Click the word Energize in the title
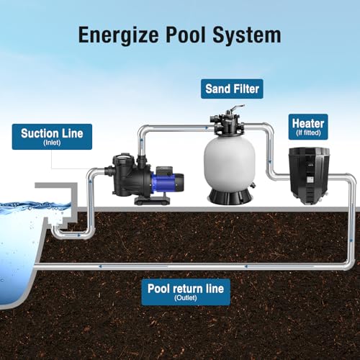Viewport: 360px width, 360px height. pos(118,35)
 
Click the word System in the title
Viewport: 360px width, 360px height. pos(247,35)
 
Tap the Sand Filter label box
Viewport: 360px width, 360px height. pos(232,89)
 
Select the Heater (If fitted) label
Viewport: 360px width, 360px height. pos(308,127)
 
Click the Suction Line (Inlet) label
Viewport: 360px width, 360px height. pos(52,137)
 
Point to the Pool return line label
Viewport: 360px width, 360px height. pos(186,292)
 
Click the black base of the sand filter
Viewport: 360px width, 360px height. pos(230,197)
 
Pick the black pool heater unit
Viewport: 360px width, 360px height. pos(309,176)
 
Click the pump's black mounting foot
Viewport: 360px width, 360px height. pos(152,200)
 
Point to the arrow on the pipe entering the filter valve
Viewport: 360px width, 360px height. pos(207,128)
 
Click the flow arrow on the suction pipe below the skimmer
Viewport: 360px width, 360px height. pos(79,235)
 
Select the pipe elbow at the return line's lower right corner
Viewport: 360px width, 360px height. pos(349,264)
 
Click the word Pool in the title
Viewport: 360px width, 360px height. pos(186,35)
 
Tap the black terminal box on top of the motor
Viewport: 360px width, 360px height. pos(164,170)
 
